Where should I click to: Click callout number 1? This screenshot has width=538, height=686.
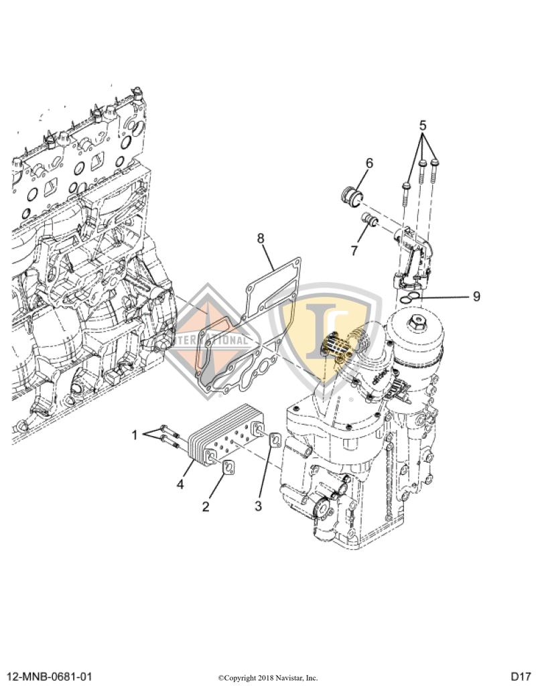(135, 435)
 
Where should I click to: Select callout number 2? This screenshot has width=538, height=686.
(206, 506)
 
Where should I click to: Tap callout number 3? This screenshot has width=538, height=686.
(258, 506)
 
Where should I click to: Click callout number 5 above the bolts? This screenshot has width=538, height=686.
(423, 125)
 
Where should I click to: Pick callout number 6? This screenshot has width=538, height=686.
(369, 163)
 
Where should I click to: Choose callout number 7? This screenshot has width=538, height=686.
(354, 250)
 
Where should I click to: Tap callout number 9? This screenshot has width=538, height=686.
(476, 295)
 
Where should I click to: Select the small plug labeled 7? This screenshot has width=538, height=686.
(369, 219)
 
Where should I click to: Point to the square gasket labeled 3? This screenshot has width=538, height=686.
(275, 440)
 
